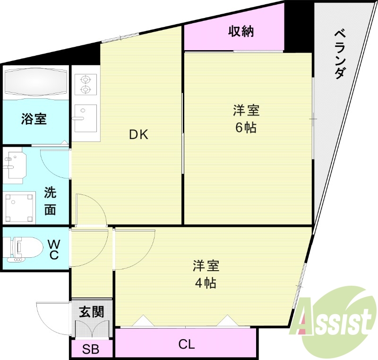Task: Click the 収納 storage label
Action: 241,32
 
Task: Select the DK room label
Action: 139,135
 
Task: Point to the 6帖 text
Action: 246,127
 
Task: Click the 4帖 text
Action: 206,283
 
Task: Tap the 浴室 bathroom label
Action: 34,119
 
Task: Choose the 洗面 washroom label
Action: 50,201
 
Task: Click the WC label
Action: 54,249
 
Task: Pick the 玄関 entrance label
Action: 91,312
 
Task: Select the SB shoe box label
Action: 91,350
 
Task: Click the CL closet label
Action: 187,344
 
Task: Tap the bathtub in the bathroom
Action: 36,82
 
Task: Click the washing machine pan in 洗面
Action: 20,207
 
